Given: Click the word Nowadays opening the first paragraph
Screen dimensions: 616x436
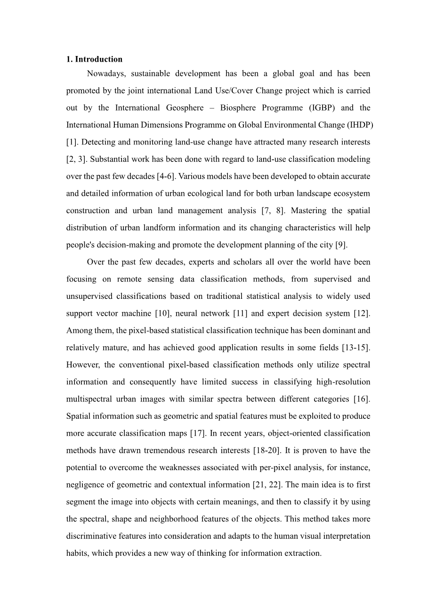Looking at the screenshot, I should click(104, 73).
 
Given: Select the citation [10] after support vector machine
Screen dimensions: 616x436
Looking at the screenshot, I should click(160, 313).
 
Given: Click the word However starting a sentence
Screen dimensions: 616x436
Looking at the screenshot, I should click(81, 365).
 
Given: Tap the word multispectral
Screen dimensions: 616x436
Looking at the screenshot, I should click(89, 399).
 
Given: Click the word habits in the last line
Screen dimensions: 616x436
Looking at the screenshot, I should click(77, 553).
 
